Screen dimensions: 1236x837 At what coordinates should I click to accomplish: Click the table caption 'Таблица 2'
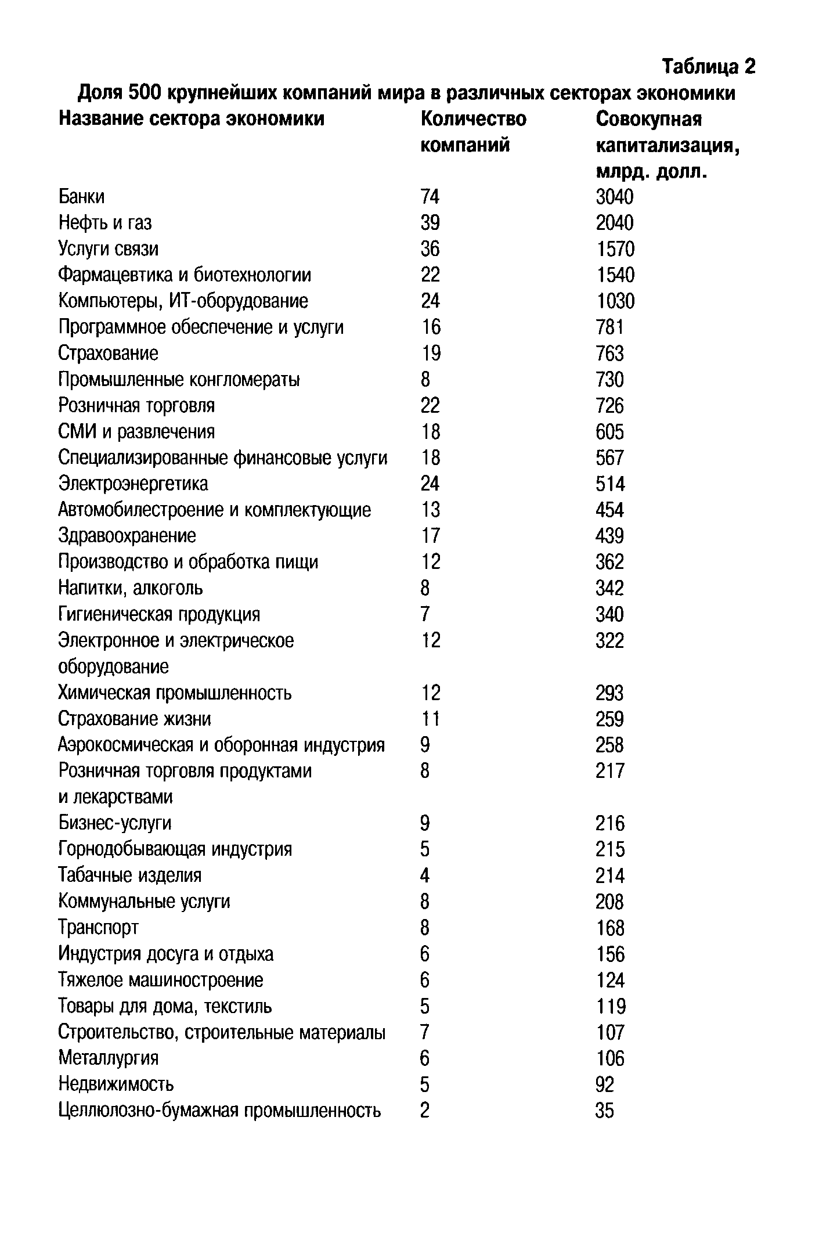tap(709, 67)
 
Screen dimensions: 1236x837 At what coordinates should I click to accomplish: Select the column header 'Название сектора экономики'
tap(192, 119)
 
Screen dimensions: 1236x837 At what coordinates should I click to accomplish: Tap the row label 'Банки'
tap(82, 197)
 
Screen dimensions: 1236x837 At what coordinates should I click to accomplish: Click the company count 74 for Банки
tap(430, 197)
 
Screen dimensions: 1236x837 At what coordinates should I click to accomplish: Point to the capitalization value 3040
tap(615, 197)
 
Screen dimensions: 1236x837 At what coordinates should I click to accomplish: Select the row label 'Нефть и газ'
tap(105, 223)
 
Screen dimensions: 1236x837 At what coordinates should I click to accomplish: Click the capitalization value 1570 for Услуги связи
tap(615, 249)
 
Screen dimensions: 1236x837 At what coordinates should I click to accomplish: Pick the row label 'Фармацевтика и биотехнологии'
tap(185, 275)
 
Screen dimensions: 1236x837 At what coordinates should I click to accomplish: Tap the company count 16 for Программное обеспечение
tap(431, 327)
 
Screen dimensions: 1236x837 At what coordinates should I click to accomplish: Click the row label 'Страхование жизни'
tap(135, 719)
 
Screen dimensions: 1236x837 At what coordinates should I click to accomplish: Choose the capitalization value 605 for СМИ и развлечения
tap(609, 432)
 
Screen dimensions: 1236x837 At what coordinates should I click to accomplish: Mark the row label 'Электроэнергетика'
tap(133, 484)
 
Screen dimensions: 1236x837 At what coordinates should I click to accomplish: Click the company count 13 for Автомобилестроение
tap(431, 510)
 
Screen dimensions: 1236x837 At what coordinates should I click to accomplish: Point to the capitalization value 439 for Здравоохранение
tap(609, 536)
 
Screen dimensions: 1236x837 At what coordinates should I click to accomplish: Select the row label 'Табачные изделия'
tap(130, 875)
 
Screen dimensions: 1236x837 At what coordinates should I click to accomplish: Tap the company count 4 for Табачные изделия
tap(425, 875)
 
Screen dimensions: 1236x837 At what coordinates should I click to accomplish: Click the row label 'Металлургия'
tap(109, 1058)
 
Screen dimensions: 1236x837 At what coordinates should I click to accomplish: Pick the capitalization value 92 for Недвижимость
tap(605, 1084)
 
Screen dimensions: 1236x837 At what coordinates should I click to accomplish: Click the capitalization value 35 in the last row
tap(604, 1111)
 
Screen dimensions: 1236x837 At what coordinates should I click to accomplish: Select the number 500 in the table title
tap(143, 93)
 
